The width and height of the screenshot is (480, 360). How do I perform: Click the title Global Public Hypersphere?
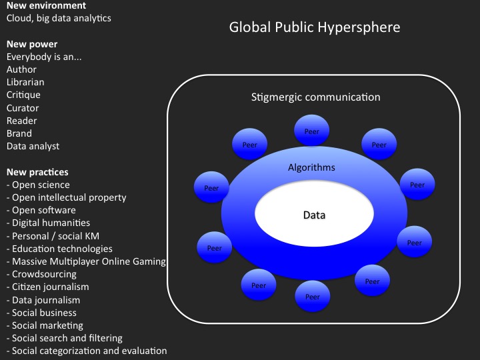point(315,27)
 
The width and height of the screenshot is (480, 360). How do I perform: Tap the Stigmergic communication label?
point(315,97)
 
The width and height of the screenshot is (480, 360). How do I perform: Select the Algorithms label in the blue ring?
point(311,167)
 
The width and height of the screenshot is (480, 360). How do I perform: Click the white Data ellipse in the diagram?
point(315,213)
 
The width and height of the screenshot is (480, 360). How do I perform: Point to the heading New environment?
point(46,5)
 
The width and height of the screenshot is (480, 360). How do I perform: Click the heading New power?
point(32,44)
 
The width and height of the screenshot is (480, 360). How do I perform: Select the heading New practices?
point(37,172)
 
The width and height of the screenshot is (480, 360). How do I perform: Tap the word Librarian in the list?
point(25,82)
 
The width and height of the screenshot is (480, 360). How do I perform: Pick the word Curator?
point(23,108)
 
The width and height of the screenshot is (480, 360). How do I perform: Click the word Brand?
point(19,133)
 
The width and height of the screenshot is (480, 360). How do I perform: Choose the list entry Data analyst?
point(33,146)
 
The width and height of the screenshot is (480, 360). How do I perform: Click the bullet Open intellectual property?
point(67,198)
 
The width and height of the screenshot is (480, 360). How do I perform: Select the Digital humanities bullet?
point(49,223)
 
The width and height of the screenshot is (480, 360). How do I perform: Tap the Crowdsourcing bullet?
point(41,274)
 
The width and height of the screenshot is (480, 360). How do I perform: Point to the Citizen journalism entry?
point(48,287)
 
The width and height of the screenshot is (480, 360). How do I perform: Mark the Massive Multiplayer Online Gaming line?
point(86,262)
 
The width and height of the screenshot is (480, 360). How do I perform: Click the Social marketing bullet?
point(45,325)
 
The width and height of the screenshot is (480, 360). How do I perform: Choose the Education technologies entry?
point(59,249)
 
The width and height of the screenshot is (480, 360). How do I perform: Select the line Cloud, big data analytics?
point(59,19)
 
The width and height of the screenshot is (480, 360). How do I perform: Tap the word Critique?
point(23,95)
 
